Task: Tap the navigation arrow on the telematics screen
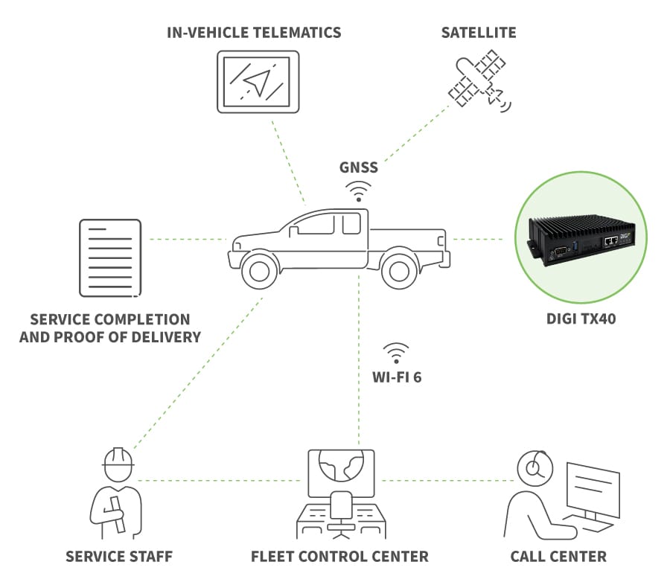pyautogui.click(x=257, y=82)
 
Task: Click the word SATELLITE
pyautogui.click(x=479, y=33)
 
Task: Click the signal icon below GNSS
pyautogui.click(x=359, y=191)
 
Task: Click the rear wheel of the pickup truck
pyautogui.click(x=399, y=270)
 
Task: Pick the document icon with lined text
pyautogui.click(x=110, y=258)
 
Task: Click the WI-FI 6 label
pyautogui.click(x=397, y=377)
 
